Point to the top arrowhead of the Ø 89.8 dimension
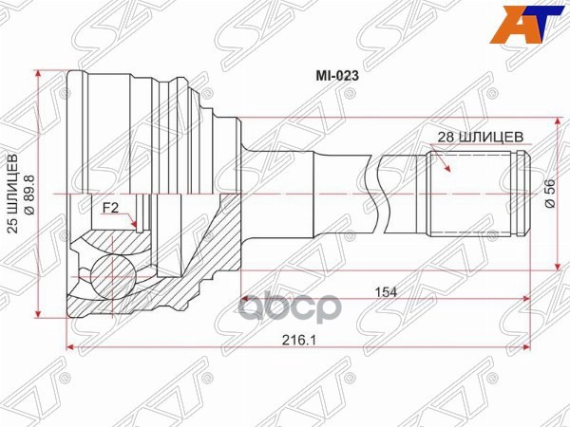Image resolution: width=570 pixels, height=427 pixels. coord(38,74)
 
